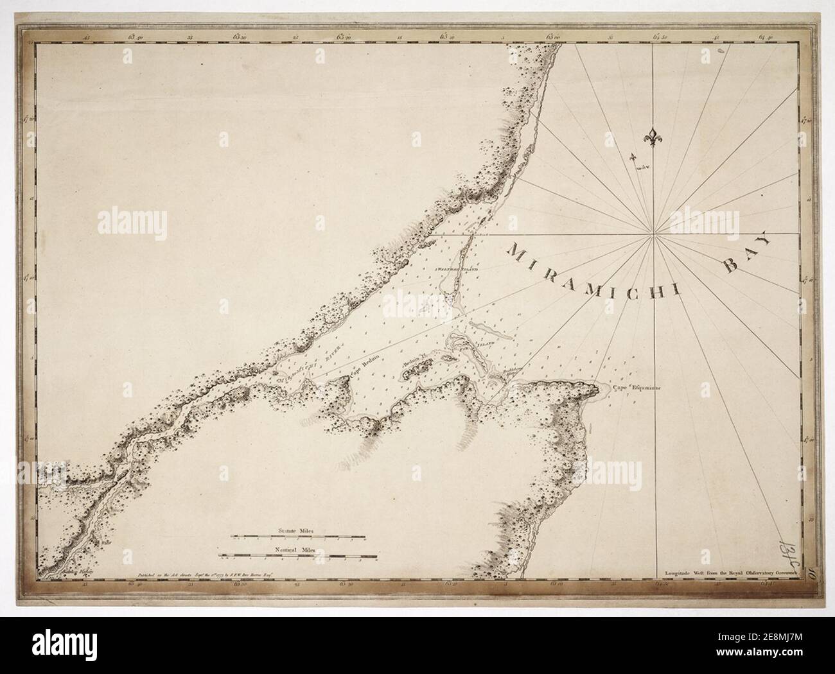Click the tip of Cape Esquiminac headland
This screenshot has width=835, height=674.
[x=605, y=388]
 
